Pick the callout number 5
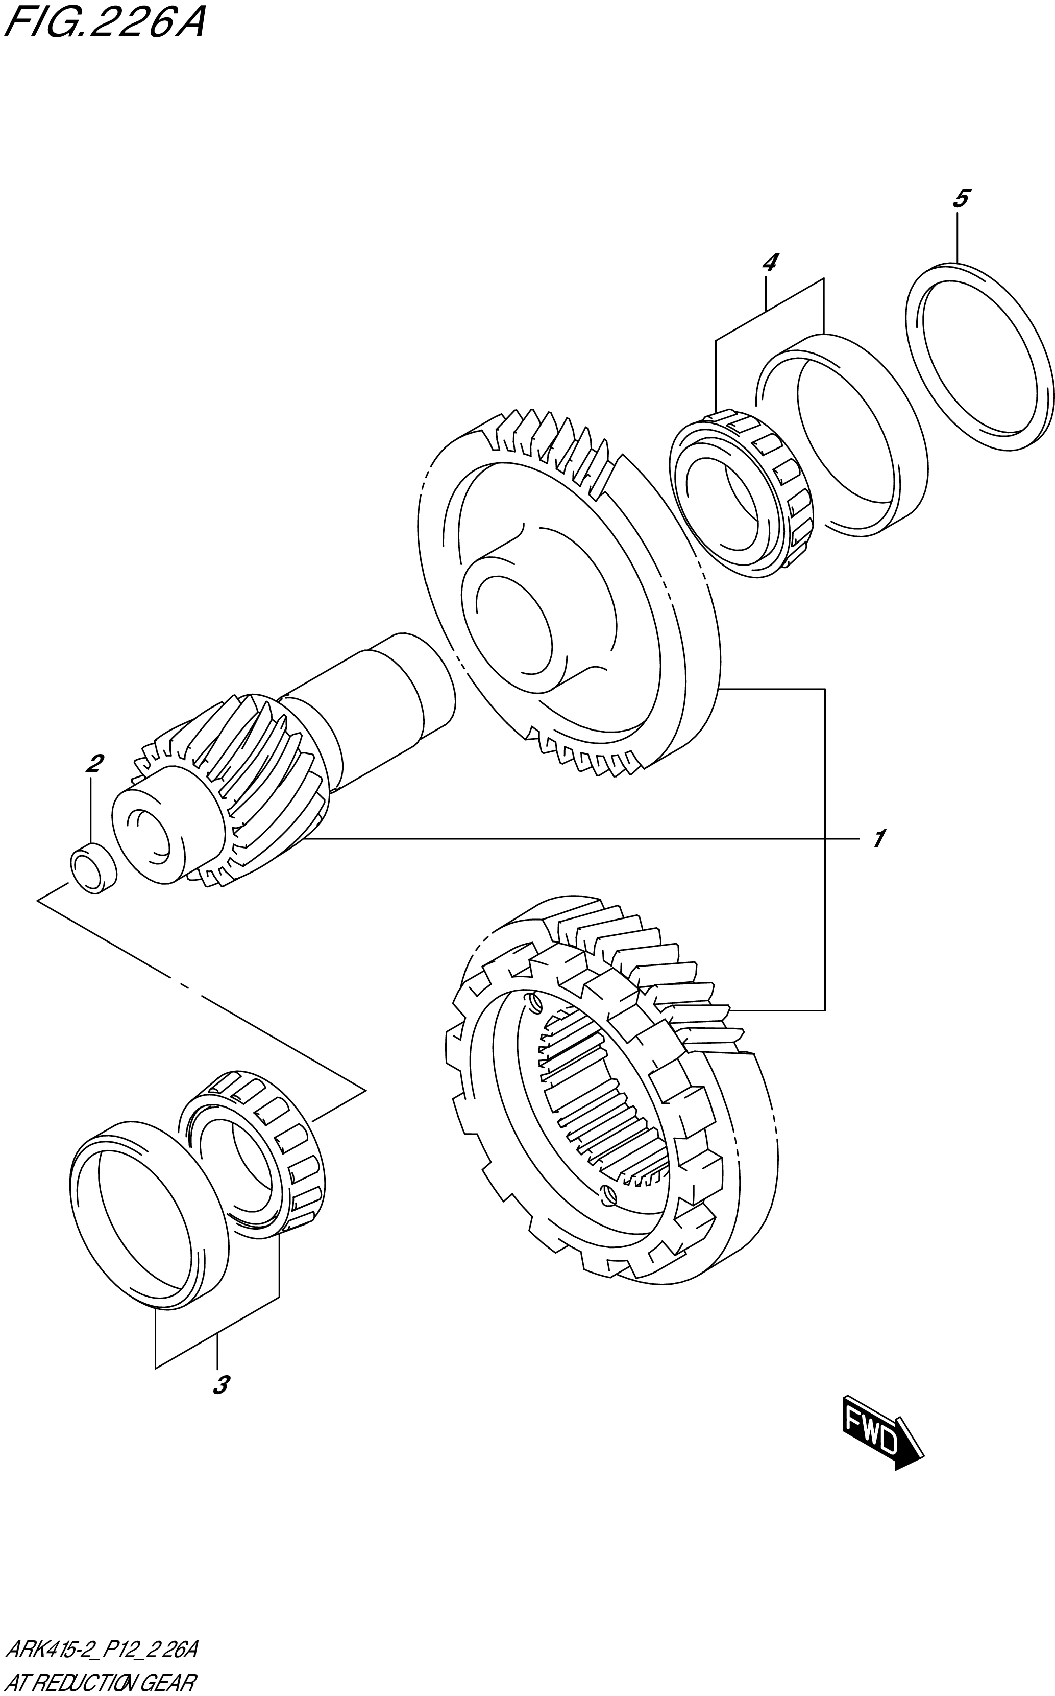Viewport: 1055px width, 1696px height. coord(960,199)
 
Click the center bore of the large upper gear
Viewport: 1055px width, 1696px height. coord(513,625)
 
